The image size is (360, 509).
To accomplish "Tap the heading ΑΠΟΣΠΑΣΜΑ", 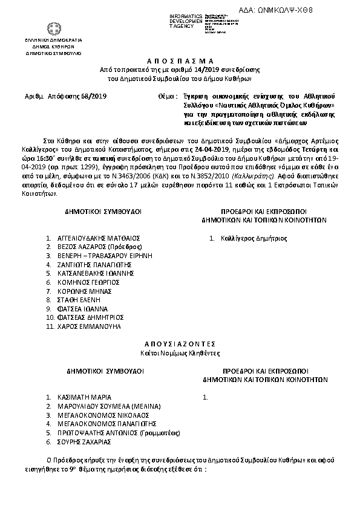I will point(180,62).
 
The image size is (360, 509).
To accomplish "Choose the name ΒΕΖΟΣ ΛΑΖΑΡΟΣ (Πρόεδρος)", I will point(99,247).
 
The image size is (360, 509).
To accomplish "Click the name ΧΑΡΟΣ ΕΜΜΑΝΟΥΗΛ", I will point(88,326).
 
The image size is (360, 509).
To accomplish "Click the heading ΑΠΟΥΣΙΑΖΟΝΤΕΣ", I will point(180,343).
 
